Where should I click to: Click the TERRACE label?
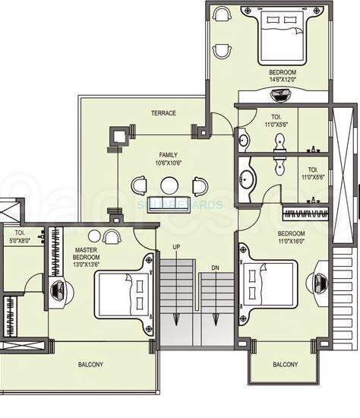163,113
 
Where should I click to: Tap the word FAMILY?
169,154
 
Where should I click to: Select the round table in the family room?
169,185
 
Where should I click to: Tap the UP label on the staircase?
177,247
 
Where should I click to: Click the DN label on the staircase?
214,247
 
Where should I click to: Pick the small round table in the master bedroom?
95,236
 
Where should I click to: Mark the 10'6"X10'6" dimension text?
169,163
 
